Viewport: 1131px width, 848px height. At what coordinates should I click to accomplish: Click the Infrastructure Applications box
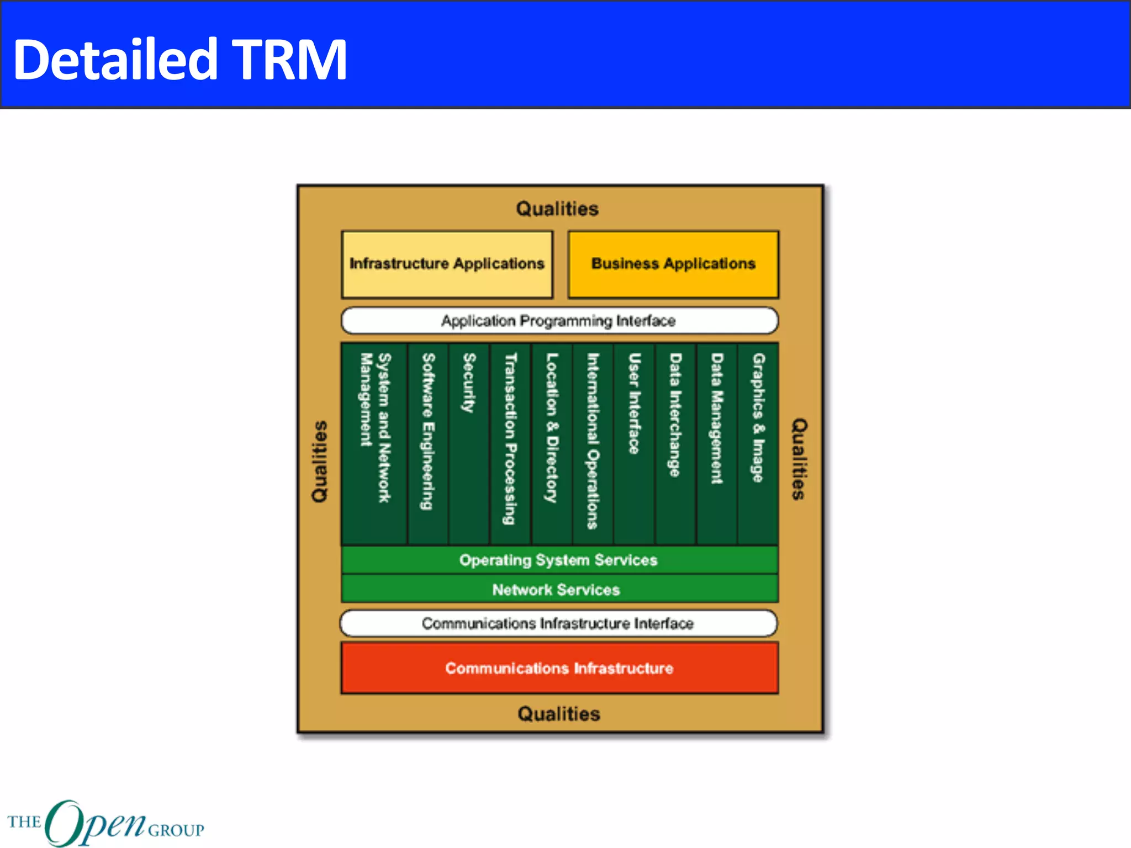click(x=447, y=264)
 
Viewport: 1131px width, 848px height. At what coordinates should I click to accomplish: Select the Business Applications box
click(x=673, y=264)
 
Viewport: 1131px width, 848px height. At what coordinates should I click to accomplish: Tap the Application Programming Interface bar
click(x=559, y=321)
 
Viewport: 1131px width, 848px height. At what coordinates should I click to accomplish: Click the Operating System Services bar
click(x=559, y=560)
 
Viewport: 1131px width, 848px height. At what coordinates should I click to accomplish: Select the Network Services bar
click(x=559, y=589)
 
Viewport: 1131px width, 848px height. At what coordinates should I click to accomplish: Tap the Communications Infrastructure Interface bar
click(x=558, y=623)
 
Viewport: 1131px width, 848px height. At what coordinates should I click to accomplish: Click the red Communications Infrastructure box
click(x=559, y=668)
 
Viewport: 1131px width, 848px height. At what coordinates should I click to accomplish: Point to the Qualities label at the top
click(x=557, y=209)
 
